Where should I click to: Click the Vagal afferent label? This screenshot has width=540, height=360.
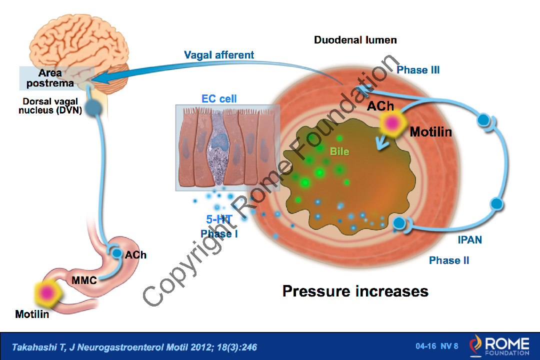pyautogui.click(x=218, y=55)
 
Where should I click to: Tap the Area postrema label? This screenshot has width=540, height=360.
pyautogui.click(x=50, y=78)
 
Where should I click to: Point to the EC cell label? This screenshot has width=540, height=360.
pyautogui.click(x=219, y=98)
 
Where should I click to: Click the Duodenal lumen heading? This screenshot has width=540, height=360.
pyautogui.click(x=355, y=40)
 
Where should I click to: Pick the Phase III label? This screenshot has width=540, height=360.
pyautogui.click(x=418, y=70)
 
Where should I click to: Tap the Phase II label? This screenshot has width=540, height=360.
pyautogui.click(x=448, y=260)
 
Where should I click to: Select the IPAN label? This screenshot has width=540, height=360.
pyautogui.click(x=469, y=240)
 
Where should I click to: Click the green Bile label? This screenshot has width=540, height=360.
pyautogui.click(x=339, y=150)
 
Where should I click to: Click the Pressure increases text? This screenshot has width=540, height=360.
pyautogui.click(x=355, y=291)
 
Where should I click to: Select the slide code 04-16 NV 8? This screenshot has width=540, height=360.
pyautogui.click(x=436, y=346)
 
